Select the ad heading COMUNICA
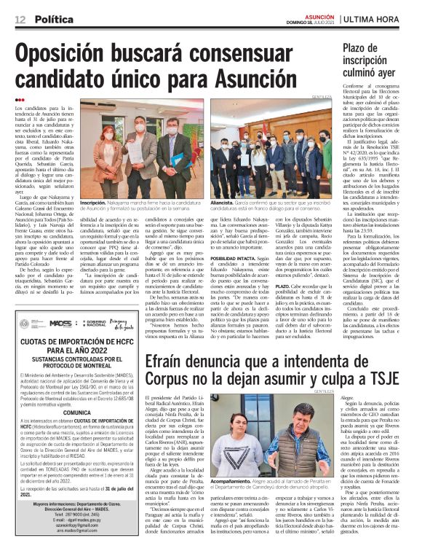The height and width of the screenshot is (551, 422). [76, 413]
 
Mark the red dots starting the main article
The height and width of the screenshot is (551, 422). [19, 100]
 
